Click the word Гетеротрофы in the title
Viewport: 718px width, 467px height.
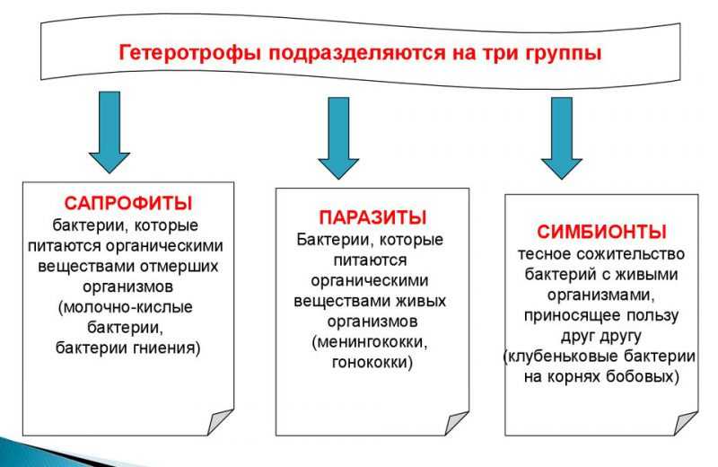[x=189, y=53]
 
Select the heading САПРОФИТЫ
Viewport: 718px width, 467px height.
[x=128, y=203]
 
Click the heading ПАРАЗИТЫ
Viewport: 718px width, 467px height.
[x=372, y=217]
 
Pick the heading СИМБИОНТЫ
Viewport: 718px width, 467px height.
[x=601, y=232]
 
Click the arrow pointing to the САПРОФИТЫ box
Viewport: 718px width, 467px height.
[x=109, y=132]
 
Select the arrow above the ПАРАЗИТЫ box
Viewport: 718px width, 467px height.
[x=338, y=137]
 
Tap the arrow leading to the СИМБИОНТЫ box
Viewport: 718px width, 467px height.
[x=562, y=137]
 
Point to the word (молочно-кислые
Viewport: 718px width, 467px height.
[x=126, y=307]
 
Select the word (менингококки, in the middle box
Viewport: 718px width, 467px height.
[x=370, y=342]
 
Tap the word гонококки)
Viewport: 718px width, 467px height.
[x=372, y=362]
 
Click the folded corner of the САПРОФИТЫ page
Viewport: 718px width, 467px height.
[x=220, y=422]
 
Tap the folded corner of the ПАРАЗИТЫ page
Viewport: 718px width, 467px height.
[x=457, y=423]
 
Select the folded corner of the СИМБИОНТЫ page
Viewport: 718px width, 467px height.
[x=686, y=423]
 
